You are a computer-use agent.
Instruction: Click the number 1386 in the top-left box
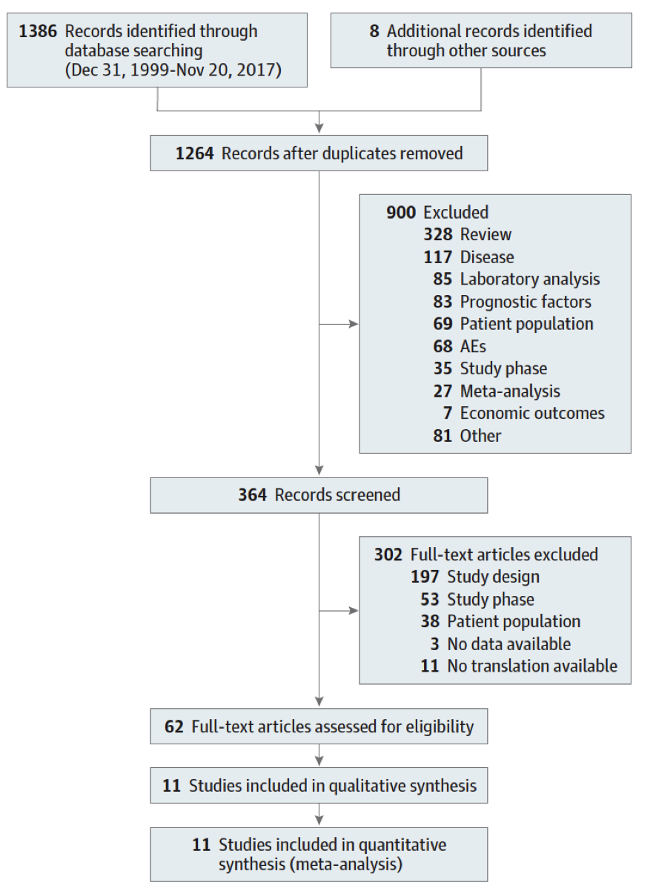(38, 31)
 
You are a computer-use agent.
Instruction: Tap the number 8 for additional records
(374, 31)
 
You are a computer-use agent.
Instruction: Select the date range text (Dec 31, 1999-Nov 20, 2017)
(173, 70)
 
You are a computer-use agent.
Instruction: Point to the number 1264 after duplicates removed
(195, 153)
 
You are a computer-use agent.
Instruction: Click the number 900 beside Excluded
(401, 212)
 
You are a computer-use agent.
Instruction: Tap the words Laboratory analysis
(530, 279)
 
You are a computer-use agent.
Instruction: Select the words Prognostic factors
(526, 302)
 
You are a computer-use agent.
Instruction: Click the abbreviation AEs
(473, 346)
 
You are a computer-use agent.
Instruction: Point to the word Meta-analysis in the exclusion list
(510, 391)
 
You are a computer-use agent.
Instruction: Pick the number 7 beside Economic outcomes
(448, 413)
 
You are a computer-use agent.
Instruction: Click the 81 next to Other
(442, 436)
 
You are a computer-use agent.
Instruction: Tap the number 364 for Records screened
(253, 495)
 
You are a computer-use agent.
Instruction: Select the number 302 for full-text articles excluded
(388, 554)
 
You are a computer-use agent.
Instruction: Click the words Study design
(494, 577)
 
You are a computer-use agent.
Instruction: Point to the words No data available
(509, 643)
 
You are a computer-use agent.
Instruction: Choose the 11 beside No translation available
(430, 666)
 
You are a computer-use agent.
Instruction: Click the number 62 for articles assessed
(174, 726)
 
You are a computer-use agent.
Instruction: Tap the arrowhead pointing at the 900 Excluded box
(354, 324)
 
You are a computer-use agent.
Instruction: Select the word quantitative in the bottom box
(402, 845)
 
